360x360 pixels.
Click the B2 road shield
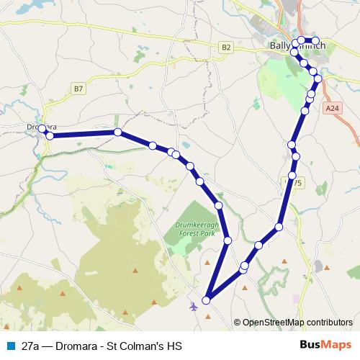227,47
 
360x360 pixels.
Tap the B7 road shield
78,89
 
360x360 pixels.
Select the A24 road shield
330,108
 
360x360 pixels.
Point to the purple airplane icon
194,307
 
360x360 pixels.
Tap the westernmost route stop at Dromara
42,129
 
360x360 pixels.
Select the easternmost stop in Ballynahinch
316,40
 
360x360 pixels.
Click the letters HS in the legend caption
173,346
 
